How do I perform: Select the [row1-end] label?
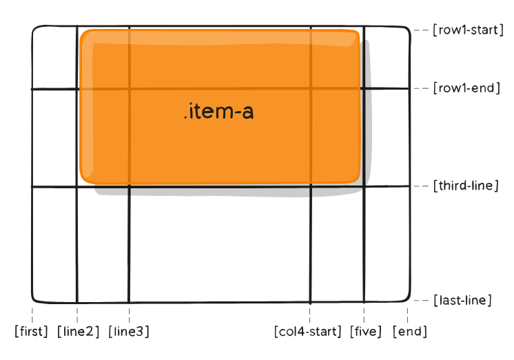466,88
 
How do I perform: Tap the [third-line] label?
465,186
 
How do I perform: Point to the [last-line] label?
462,300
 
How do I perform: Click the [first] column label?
32,332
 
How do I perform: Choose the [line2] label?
79,332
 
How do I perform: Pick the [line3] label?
129,332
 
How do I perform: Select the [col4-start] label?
308,332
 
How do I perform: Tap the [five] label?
366,332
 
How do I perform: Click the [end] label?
410,332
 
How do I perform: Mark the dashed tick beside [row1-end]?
420,88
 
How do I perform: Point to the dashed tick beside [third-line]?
420,186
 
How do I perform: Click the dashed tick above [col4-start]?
310,314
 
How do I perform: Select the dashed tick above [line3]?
129,314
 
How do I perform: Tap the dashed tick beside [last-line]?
420,300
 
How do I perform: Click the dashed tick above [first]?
32,314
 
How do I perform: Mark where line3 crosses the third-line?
129,186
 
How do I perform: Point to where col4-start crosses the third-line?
310,186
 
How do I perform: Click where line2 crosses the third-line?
76,186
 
